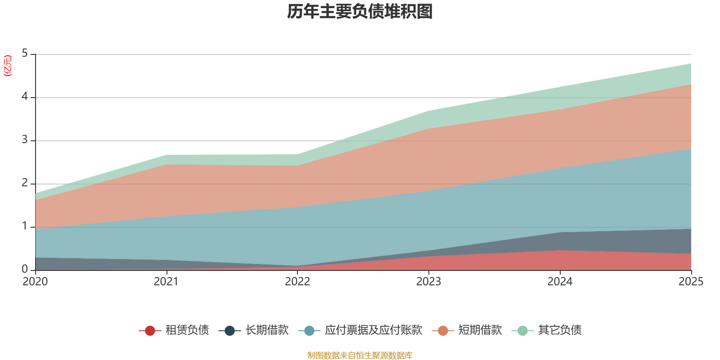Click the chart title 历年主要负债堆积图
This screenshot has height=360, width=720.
click(x=360, y=12)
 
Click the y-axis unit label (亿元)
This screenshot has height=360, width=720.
click(x=8, y=66)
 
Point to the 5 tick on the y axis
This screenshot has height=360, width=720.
click(x=25, y=54)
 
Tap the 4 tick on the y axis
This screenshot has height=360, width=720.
click(x=25, y=97)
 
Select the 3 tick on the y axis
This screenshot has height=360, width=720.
click(x=25, y=140)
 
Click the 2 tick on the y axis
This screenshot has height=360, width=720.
click(x=25, y=183)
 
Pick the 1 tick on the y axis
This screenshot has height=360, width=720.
click(x=25, y=226)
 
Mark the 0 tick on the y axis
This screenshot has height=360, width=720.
click(x=25, y=270)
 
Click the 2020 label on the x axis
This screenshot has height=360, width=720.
click(x=35, y=282)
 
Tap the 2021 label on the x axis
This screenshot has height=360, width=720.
click(x=166, y=282)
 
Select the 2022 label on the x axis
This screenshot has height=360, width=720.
click(x=297, y=282)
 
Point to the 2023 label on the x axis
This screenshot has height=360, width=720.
click(x=428, y=282)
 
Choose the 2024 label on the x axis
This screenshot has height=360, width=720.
click(x=560, y=282)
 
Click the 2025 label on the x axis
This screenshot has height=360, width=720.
click(x=691, y=282)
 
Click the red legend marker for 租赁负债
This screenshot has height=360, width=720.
click(x=150, y=331)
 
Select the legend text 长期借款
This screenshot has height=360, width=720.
click(x=267, y=330)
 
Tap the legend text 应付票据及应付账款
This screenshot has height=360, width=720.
click(x=373, y=330)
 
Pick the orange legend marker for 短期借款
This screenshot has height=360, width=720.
click(x=443, y=331)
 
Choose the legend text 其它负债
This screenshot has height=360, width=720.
click(x=560, y=330)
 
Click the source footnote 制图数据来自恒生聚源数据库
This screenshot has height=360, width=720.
click(x=360, y=355)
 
